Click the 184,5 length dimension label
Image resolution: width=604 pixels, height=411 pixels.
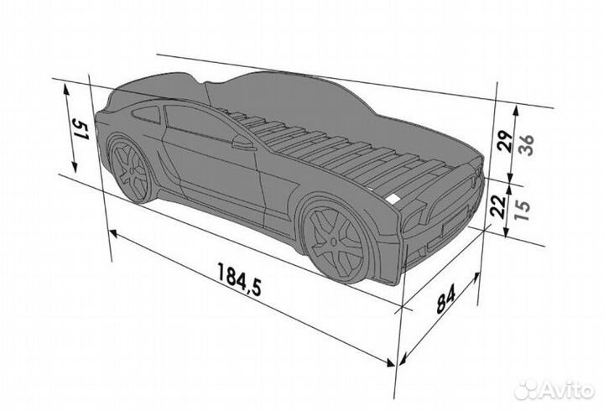(239, 278)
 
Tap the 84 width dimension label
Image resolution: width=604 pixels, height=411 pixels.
(445, 298)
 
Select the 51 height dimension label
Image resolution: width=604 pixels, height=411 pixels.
(81, 130)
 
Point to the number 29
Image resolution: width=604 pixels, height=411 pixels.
(505, 142)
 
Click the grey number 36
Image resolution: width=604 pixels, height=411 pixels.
(525, 144)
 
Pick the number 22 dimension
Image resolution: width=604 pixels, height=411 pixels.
(498, 206)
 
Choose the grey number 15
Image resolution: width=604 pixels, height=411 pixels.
(523, 209)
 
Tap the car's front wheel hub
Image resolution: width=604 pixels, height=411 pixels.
(333, 242)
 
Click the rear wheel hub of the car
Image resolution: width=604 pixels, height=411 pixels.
(133, 170)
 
